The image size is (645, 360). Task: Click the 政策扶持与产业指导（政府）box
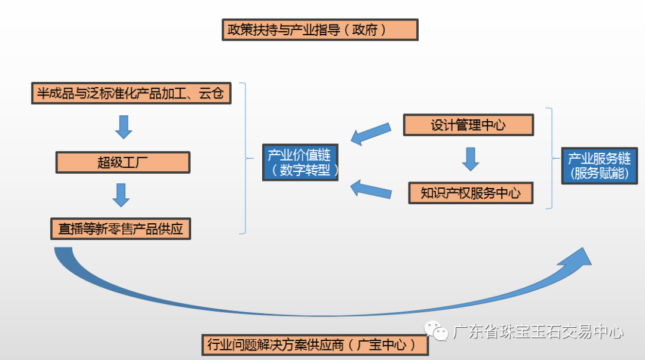pyautogui.click(x=320, y=30)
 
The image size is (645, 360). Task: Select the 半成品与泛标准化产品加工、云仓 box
pyautogui.click(x=131, y=94)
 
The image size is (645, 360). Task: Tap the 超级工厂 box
pyautogui.click(x=122, y=162)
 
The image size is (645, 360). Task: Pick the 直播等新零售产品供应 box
pyautogui.click(x=121, y=229)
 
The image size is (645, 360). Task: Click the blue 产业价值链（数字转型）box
pyautogui.click(x=299, y=162)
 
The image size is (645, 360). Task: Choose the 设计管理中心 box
pyautogui.click(x=468, y=125)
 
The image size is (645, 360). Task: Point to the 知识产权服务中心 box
pyautogui.click(x=470, y=193)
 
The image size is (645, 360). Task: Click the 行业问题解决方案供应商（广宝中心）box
pyautogui.click(x=315, y=345)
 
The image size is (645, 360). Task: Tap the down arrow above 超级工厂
pyautogui.click(x=124, y=126)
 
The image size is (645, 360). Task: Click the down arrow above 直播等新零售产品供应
pyautogui.click(x=121, y=195)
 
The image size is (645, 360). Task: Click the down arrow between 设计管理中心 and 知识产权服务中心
pyautogui.click(x=471, y=159)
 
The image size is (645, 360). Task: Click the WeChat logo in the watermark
pyautogui.click(x=436, y=331)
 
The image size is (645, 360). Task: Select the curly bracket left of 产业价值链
pyautogui.click(x=245, y=158)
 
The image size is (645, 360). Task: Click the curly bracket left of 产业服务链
pyautogui.click(x=551, y=158)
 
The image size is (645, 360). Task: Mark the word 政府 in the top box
pyautogui.click(x=365, y=30)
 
